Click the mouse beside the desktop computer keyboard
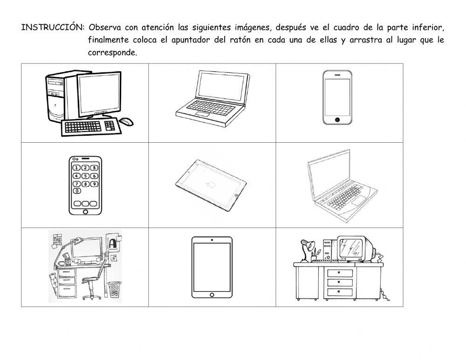[126, 122]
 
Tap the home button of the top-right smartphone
[337, 120]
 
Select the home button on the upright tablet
[212, 295]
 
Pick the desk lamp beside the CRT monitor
[307, 249]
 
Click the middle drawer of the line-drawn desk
[340, 282]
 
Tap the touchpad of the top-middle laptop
[202, 114]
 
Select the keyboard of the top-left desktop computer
[89, 127]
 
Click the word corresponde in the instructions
[112, 53]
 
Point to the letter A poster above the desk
[112, 244]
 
